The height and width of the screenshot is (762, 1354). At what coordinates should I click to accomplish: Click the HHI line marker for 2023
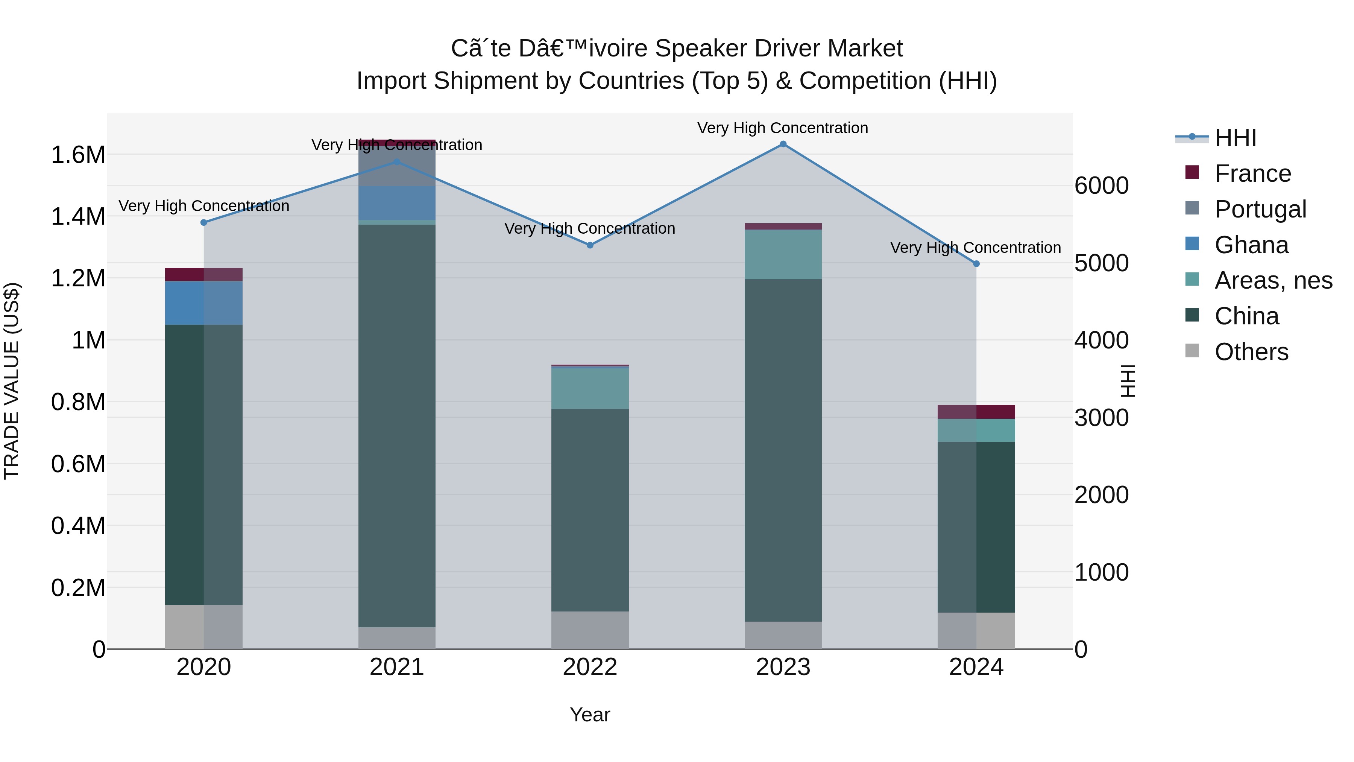click(x=783, y=144)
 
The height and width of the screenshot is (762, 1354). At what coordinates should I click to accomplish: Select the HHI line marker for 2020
click(x=204, y=222)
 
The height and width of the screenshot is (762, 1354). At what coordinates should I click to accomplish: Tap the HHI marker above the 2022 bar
click(x=590, y=245)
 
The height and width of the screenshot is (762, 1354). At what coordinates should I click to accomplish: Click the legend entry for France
click(x=1252, y=173)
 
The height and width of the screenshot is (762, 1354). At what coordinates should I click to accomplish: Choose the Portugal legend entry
click(x=1260, y=209)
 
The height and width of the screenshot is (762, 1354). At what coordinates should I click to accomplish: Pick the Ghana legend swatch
click(x=1193, y=244)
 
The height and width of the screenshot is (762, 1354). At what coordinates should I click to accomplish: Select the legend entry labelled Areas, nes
click(x=1273, y=280)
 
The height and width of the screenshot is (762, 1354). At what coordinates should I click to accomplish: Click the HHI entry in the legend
click(x=1235, y=138)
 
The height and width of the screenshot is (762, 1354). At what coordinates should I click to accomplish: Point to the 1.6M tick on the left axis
click(x=78, y=155)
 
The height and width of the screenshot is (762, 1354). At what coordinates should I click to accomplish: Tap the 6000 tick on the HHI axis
click(x=1102, y=186)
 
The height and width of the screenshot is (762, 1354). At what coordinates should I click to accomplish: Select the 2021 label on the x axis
click(x=397, y=667)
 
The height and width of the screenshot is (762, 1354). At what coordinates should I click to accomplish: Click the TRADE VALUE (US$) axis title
click(x=12, y=381)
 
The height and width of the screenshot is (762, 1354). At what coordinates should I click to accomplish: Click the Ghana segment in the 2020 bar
click(x=204, y=303)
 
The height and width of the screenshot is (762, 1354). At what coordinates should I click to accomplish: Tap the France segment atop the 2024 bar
click(x=976, y=412)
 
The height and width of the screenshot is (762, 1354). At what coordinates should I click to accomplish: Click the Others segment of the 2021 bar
click(x=397, y=637)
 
